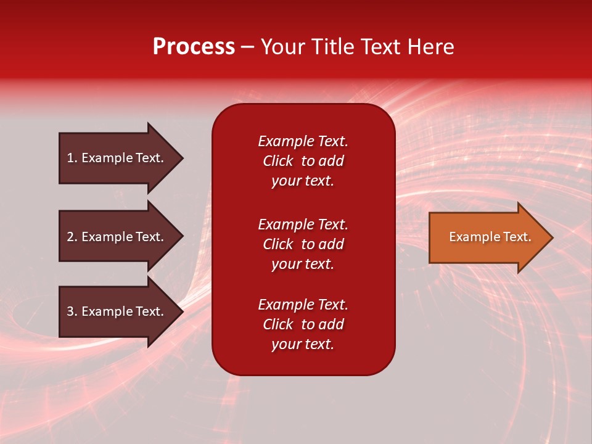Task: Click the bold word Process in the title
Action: pos(194,47)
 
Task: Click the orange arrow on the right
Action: pos(487,237)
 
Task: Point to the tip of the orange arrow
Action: pos(551,237)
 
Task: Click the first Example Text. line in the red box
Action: pos(303,141)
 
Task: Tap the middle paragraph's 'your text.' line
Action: pos(303,264)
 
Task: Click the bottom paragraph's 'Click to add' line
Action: pos(303,324)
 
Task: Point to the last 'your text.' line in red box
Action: pos(303,344)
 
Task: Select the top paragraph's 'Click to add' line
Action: pos(303,161)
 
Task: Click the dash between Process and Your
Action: pos(247,47)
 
